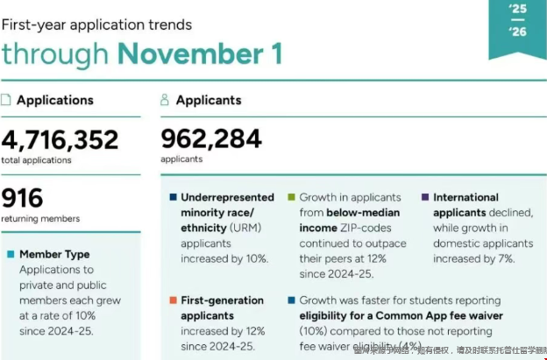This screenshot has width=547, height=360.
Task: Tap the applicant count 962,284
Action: click(x=211, y=138)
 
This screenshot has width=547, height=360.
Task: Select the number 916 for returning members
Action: click(x=23, y=198)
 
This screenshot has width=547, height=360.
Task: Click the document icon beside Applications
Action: click(x=7, y=100)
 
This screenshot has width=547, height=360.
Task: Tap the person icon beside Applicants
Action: click(x=165, y=100)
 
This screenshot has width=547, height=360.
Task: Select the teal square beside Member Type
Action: click(x=10, y=255)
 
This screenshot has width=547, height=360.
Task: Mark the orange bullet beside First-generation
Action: click(x=173, y=300)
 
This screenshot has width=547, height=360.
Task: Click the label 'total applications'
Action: click(x=37, y=160)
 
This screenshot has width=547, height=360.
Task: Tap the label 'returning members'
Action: click(x=40, y=218)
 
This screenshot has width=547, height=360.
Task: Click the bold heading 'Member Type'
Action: click(x=54, y=255)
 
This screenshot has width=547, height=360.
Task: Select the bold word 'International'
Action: click(x=465, y=198)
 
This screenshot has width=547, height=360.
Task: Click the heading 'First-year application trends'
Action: click(x=96, y=25)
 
